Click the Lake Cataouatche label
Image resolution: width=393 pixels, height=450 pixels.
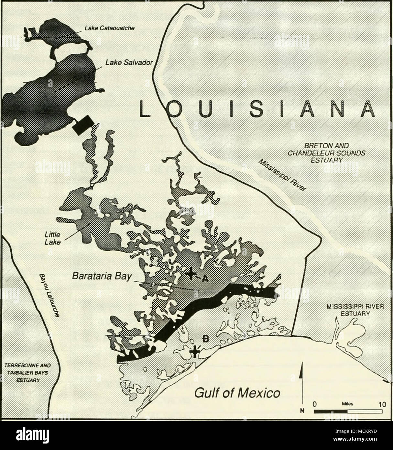click(x=109, y=28)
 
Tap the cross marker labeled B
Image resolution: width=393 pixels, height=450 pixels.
click(x=194, y=351)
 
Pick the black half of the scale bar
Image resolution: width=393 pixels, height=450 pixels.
click(x=331, y=411)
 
